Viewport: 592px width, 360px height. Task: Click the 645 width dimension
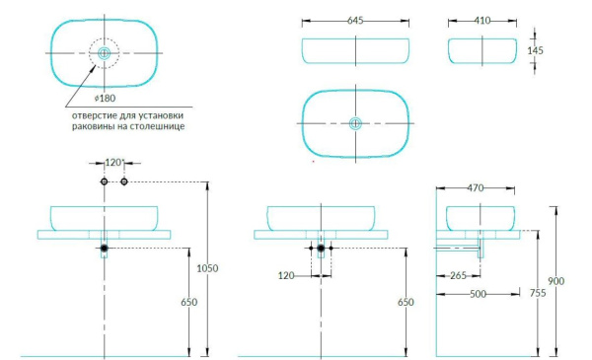(355, 21)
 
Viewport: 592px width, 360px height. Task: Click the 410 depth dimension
(482, 21)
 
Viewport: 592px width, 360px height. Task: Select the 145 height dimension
(536, 50)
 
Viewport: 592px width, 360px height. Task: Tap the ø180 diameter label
(105, 98)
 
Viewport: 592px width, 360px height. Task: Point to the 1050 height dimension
(207, 268)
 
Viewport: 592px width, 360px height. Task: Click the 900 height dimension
(556, 281)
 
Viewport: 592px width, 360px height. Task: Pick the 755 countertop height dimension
(538, 293)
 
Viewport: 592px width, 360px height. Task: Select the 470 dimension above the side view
(476, 187)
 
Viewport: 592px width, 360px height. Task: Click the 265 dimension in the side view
(458, 275)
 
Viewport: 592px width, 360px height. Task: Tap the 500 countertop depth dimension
(478, 294)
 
